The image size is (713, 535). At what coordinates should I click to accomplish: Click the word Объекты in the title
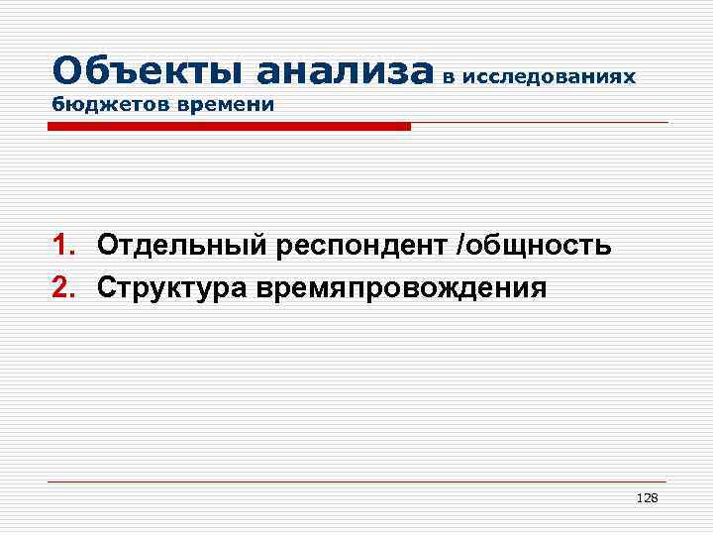coord(149,71)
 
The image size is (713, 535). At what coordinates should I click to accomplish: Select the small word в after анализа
coord(450,76)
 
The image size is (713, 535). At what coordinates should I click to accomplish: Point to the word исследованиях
coord(548,76)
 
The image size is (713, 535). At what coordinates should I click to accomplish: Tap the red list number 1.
coord(62,245)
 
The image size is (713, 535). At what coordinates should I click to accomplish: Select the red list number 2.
coord(62,287)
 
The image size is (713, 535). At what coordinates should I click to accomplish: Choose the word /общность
coord(533,245)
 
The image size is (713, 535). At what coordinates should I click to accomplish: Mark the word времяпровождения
coord(399,288)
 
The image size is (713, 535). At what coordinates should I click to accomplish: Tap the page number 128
coord(647,497)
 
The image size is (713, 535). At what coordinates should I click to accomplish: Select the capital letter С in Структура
coord(106,287)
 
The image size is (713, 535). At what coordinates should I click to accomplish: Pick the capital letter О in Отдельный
coord(107,245)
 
